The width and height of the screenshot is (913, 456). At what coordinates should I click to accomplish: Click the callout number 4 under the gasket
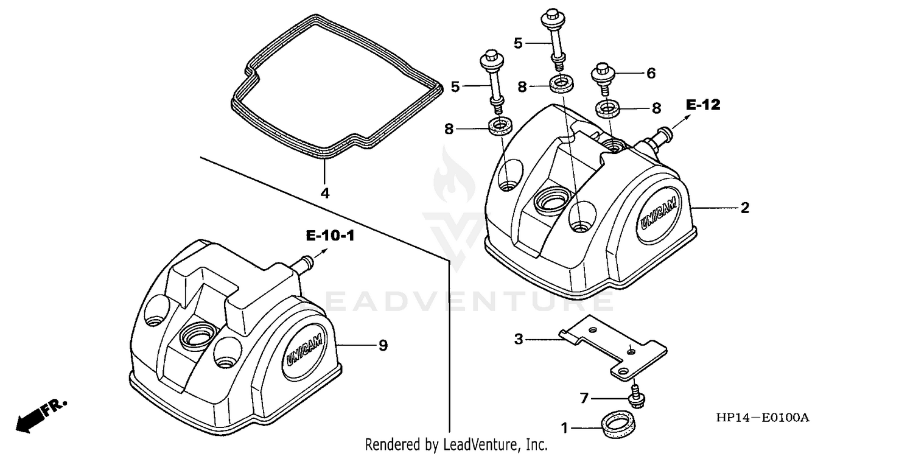click(x=325, y=193)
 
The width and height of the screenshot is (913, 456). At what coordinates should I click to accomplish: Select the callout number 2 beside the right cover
click(x=744, y=208)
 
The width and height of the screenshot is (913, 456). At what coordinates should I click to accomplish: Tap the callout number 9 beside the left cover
click(x=382, y=346)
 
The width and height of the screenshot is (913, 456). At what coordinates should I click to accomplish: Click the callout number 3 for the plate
click(x=519, y=339)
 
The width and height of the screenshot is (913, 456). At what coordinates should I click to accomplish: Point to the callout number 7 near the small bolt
click(x=584, y=399)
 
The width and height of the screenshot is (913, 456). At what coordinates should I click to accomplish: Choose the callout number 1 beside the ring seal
click(x=564, y=429)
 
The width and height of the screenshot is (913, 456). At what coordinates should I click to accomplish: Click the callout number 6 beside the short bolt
click(x=651, y=74)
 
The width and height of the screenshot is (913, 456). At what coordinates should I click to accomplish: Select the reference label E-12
click(x=703, y=105)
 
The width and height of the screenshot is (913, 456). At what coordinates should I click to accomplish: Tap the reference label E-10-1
click(x=330, y=236)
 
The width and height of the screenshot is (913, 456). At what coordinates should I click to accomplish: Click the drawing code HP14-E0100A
click(x=763, y=418)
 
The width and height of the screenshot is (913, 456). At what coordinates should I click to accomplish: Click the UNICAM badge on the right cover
click(x=658, y=217)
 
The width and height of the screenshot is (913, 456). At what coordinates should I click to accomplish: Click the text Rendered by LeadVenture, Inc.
click(x=456, y=444)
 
